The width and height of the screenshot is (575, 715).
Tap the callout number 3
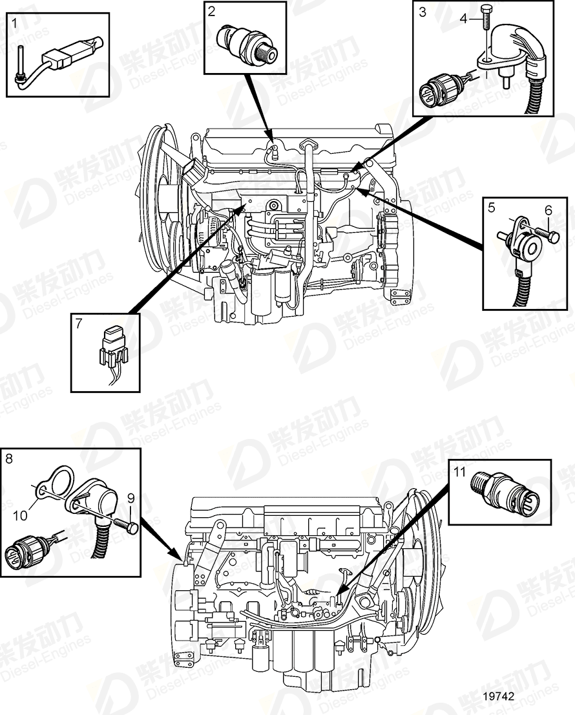pyautogui.click(x=423, y=12)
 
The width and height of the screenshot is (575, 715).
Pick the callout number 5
pyautogui.click(x=491, y=208)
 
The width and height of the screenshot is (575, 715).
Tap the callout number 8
pyautogui.click(x=8, y=459)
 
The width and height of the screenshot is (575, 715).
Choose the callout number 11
pyautogui.click(x=459, y=472)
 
